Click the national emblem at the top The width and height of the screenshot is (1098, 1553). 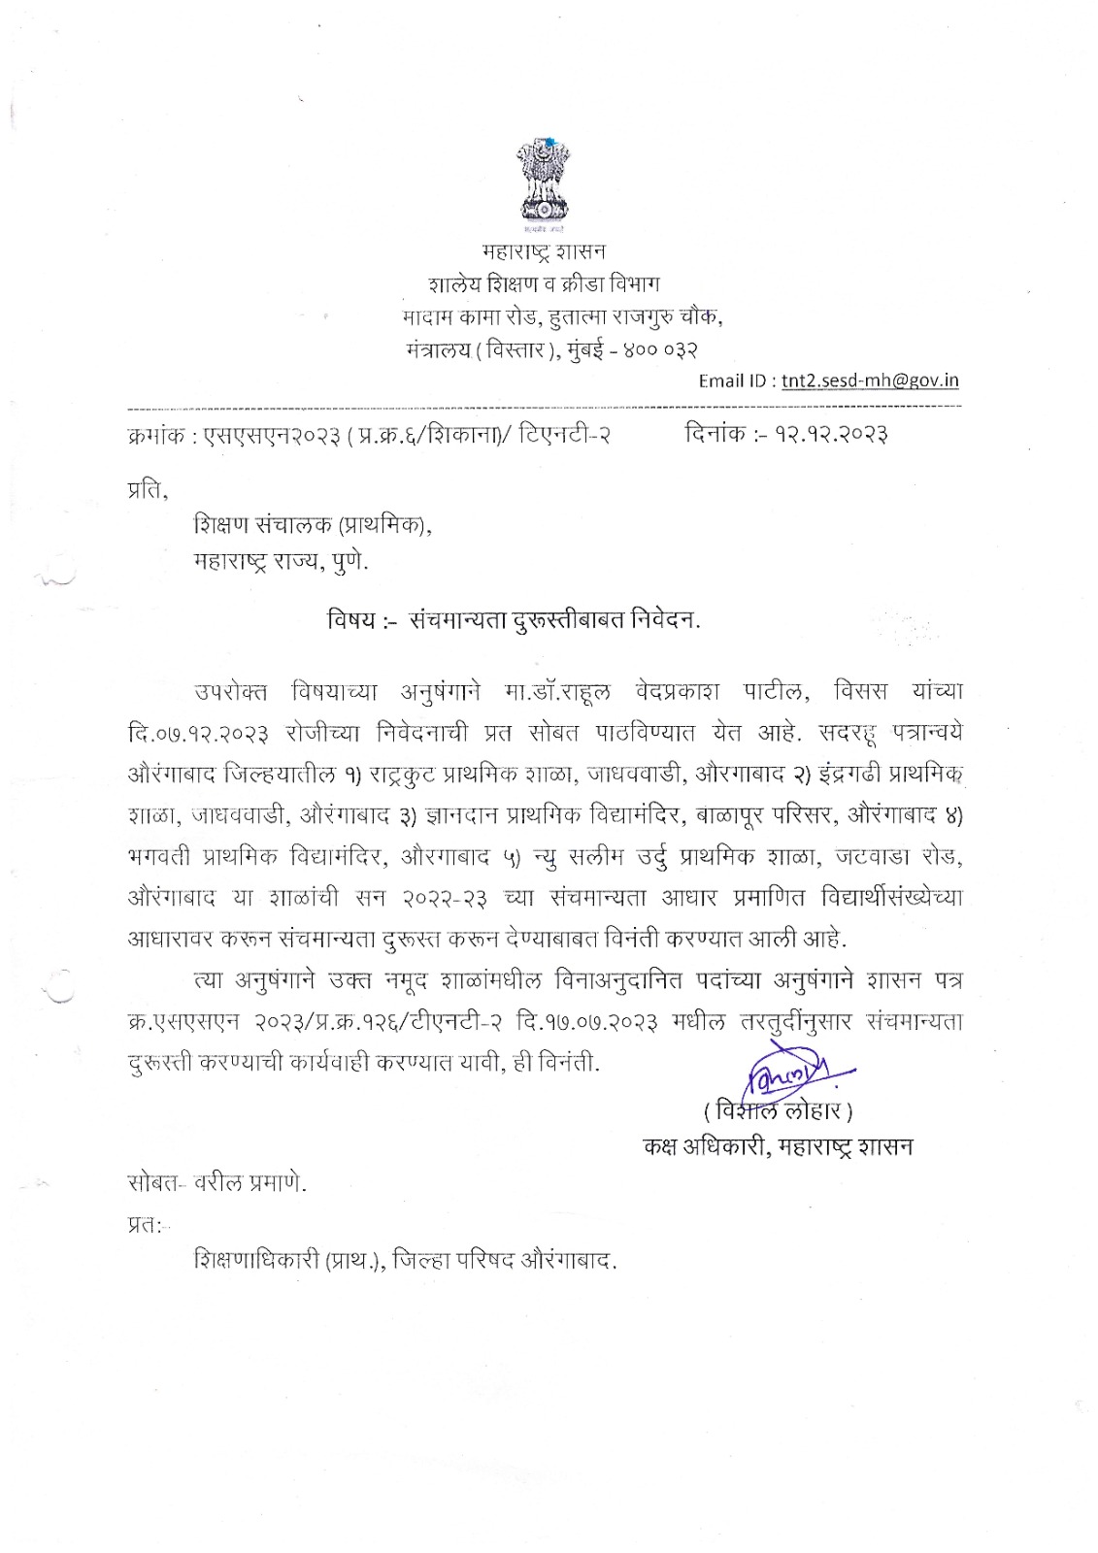pyautogui.click(x=544, y=182)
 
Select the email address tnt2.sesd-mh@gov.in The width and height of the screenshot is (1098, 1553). pyautogui.click(x=870, y=380)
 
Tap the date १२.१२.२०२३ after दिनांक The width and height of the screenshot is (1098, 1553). pyautogui.click(x=830, y=434)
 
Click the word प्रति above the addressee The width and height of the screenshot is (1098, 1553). pyautogui.click(x=147, y=491)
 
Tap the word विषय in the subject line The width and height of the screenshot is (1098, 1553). pyautogui.click(x=350, y=619)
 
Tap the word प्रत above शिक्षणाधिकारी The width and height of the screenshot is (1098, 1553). pyautogui.click(x=144, y=1226)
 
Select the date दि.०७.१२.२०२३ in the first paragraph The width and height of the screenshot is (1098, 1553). pyautogui.click(x=198, y=732)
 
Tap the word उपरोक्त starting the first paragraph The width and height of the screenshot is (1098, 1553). pyautogui.click(x=231, y=691)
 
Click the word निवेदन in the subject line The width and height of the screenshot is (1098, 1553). pyautogui.click(x=662, y=619)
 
